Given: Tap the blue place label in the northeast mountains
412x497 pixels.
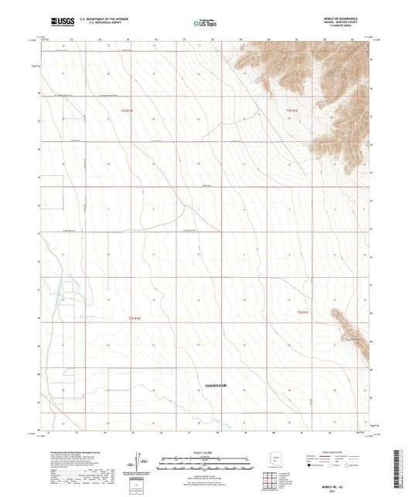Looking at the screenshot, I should (332, 73).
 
